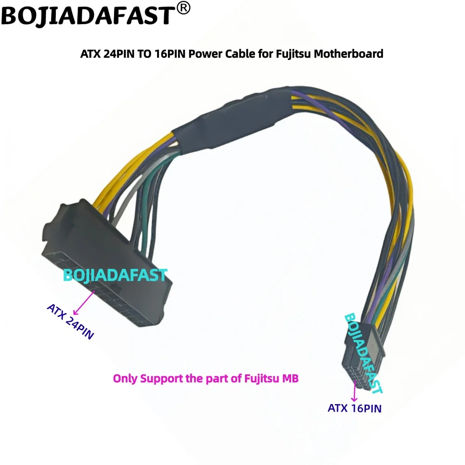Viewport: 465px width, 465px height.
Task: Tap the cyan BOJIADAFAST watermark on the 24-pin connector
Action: click(x=115, y=275)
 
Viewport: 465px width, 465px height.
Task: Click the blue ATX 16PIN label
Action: click(x=354, y=409)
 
